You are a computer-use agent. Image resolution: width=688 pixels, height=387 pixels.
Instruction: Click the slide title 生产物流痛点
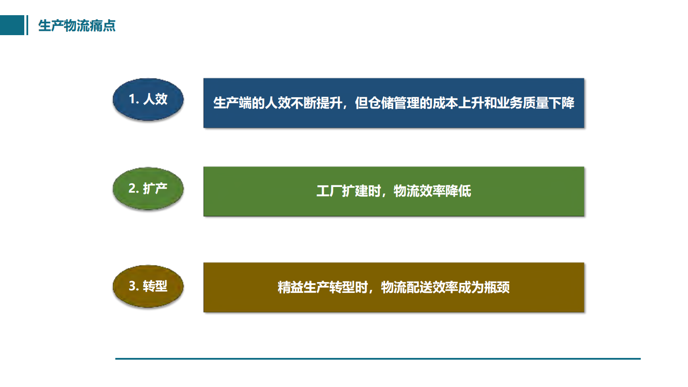77,26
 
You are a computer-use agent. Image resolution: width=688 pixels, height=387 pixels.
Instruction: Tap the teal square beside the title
12,25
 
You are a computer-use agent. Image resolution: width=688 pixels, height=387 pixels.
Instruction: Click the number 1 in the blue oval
131,99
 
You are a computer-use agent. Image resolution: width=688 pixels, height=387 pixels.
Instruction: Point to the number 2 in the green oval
132,188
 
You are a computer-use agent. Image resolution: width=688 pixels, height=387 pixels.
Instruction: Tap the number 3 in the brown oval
132,286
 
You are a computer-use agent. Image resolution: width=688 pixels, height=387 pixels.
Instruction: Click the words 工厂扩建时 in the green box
349,191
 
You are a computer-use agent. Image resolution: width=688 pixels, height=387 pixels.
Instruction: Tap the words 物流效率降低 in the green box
432,191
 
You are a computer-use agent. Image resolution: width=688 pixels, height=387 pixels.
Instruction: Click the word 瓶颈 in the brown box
497,287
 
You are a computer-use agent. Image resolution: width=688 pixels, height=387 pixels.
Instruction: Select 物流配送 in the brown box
406,287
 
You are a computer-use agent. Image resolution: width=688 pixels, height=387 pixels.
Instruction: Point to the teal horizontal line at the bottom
378,359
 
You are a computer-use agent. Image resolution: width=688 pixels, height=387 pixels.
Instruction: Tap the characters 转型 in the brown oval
155,286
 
